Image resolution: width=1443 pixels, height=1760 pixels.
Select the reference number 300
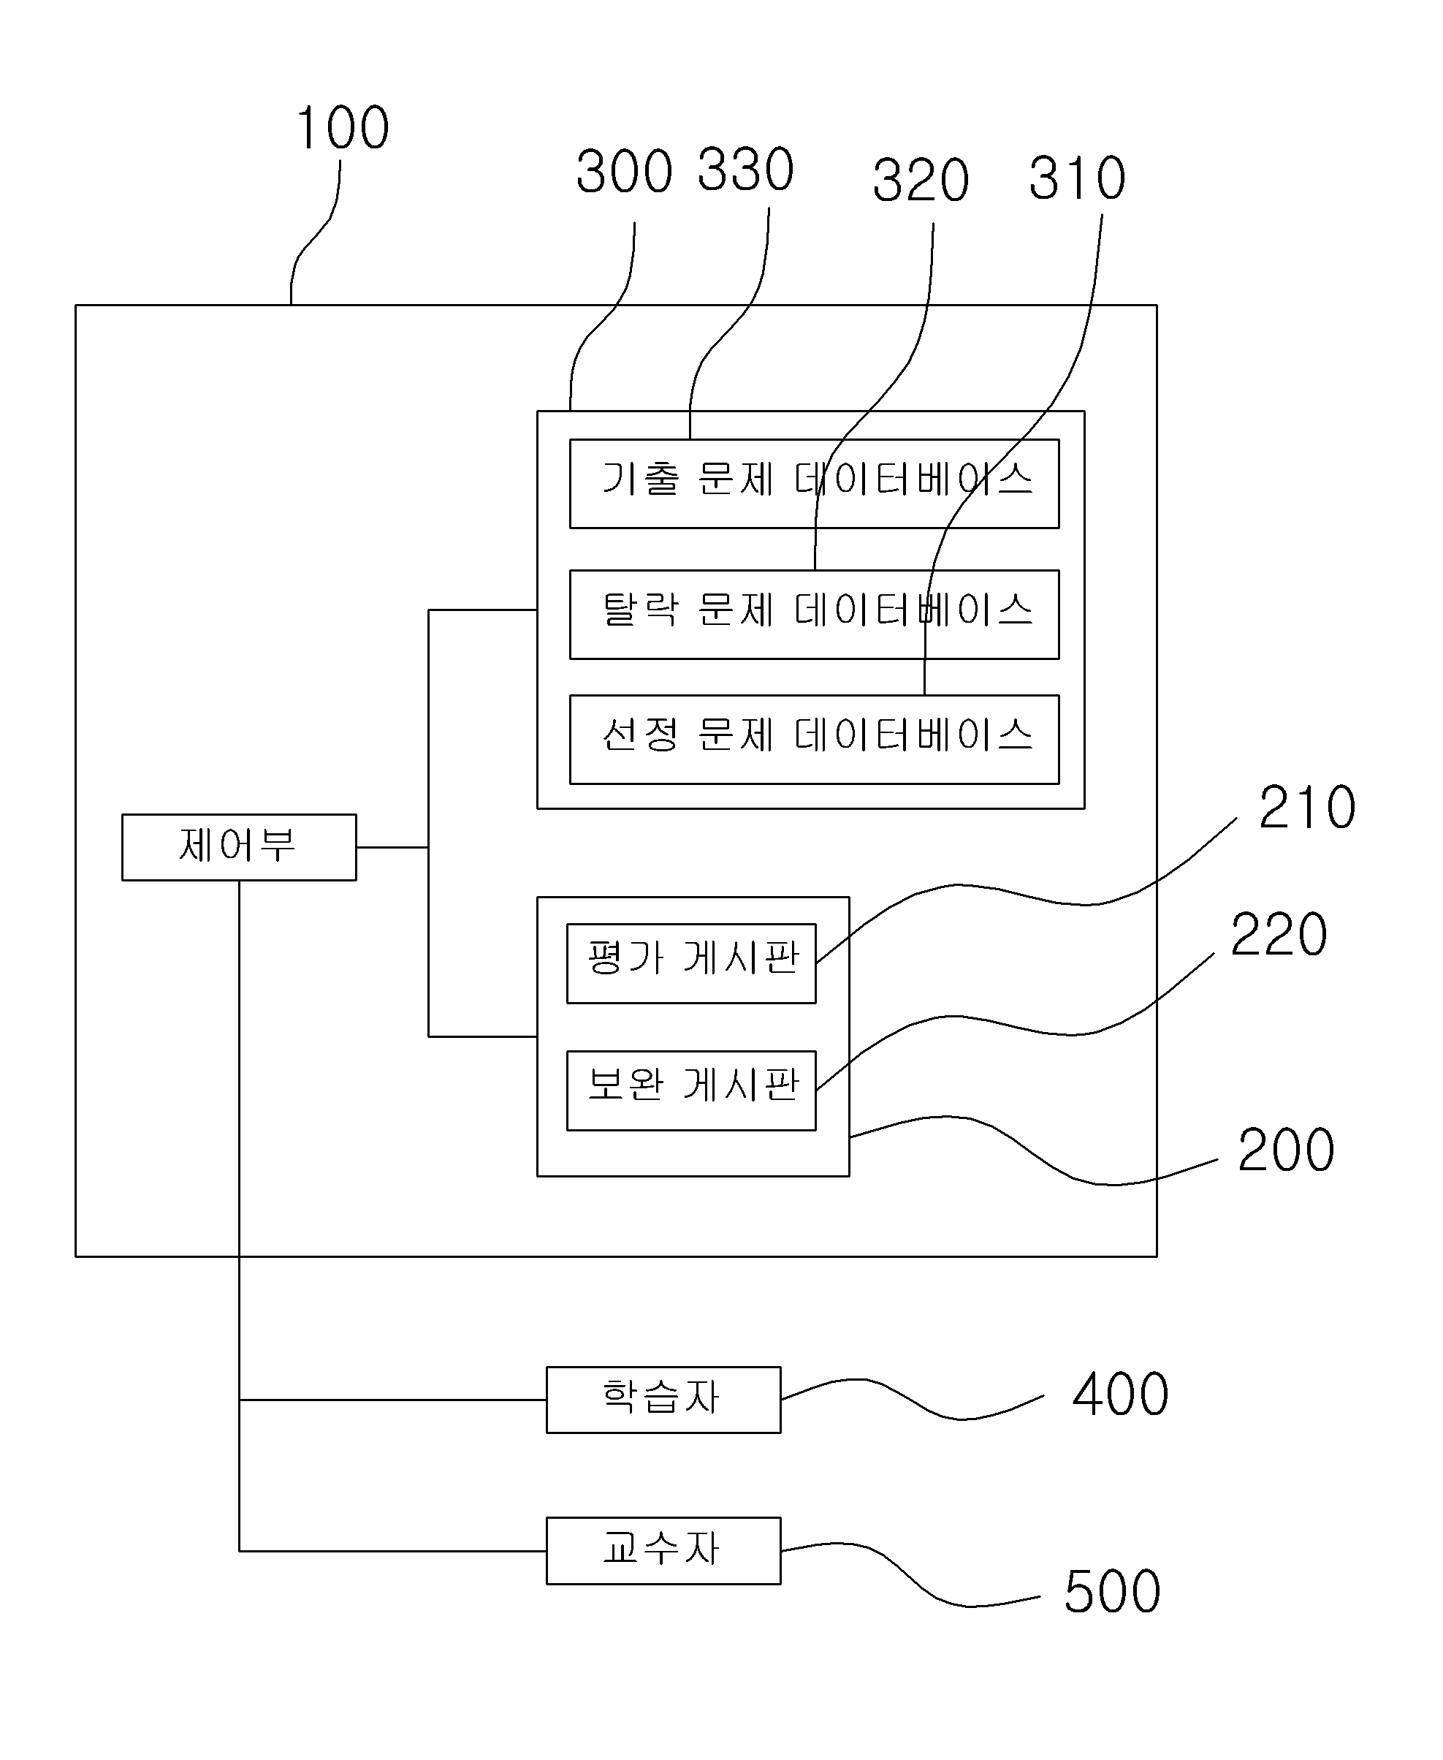pyautogui.click(x=624, y=171)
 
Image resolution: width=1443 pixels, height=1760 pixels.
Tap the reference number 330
pyautogui.click(x=745, y=169)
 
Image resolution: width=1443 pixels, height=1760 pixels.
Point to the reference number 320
pyautogui.click(x=921, y=180)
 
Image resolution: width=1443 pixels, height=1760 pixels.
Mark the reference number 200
pyautogui.click(x=1286, y=1150)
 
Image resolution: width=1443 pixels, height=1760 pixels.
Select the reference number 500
pyautogui.click(x=1112, y=1591)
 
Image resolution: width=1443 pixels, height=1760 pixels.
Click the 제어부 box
pyautogui.click(x=240, y=847)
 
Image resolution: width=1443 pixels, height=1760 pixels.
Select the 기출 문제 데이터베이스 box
pyautogui.click(x=815, y=484)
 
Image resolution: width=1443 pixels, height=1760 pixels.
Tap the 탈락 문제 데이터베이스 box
pyautogui.click(x=815, y=615)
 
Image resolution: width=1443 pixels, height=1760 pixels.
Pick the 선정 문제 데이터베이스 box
pyautogui.click(x=815, y=739)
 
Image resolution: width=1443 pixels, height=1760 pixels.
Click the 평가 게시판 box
pyautogui.click(x=692, y=963)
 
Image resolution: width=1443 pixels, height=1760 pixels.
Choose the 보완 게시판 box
pyautogui.click(x=692, y=1090)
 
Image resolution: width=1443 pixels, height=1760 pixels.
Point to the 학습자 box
pyautogui.click(x=663, y=1400)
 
